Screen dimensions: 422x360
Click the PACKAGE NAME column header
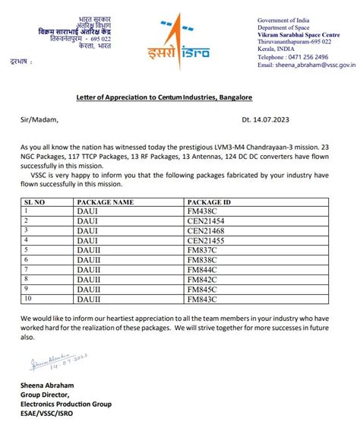point(105,202)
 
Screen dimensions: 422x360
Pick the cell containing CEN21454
point(205,221)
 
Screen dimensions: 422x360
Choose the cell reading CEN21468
point(205,230)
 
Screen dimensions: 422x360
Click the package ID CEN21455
point(205,239)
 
